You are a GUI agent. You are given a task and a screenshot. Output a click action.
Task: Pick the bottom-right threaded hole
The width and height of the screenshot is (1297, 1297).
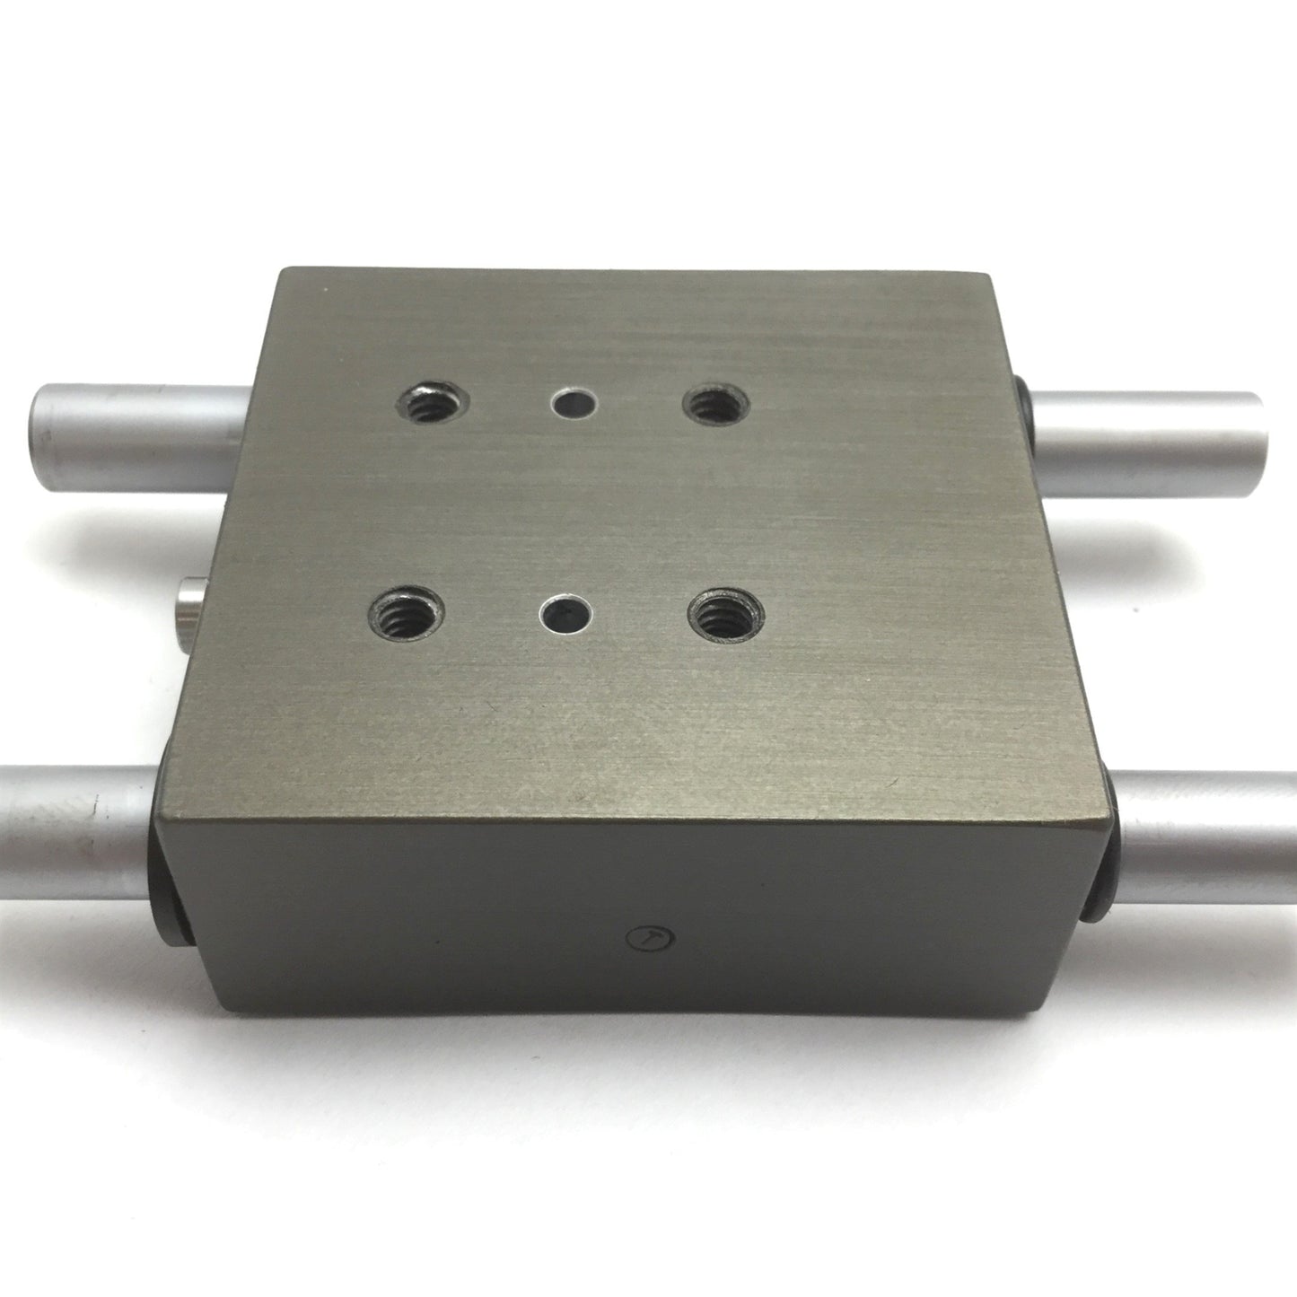(x=723, y=616)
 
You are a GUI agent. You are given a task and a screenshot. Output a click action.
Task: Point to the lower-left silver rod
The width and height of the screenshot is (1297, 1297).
(x=72, y=811)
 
